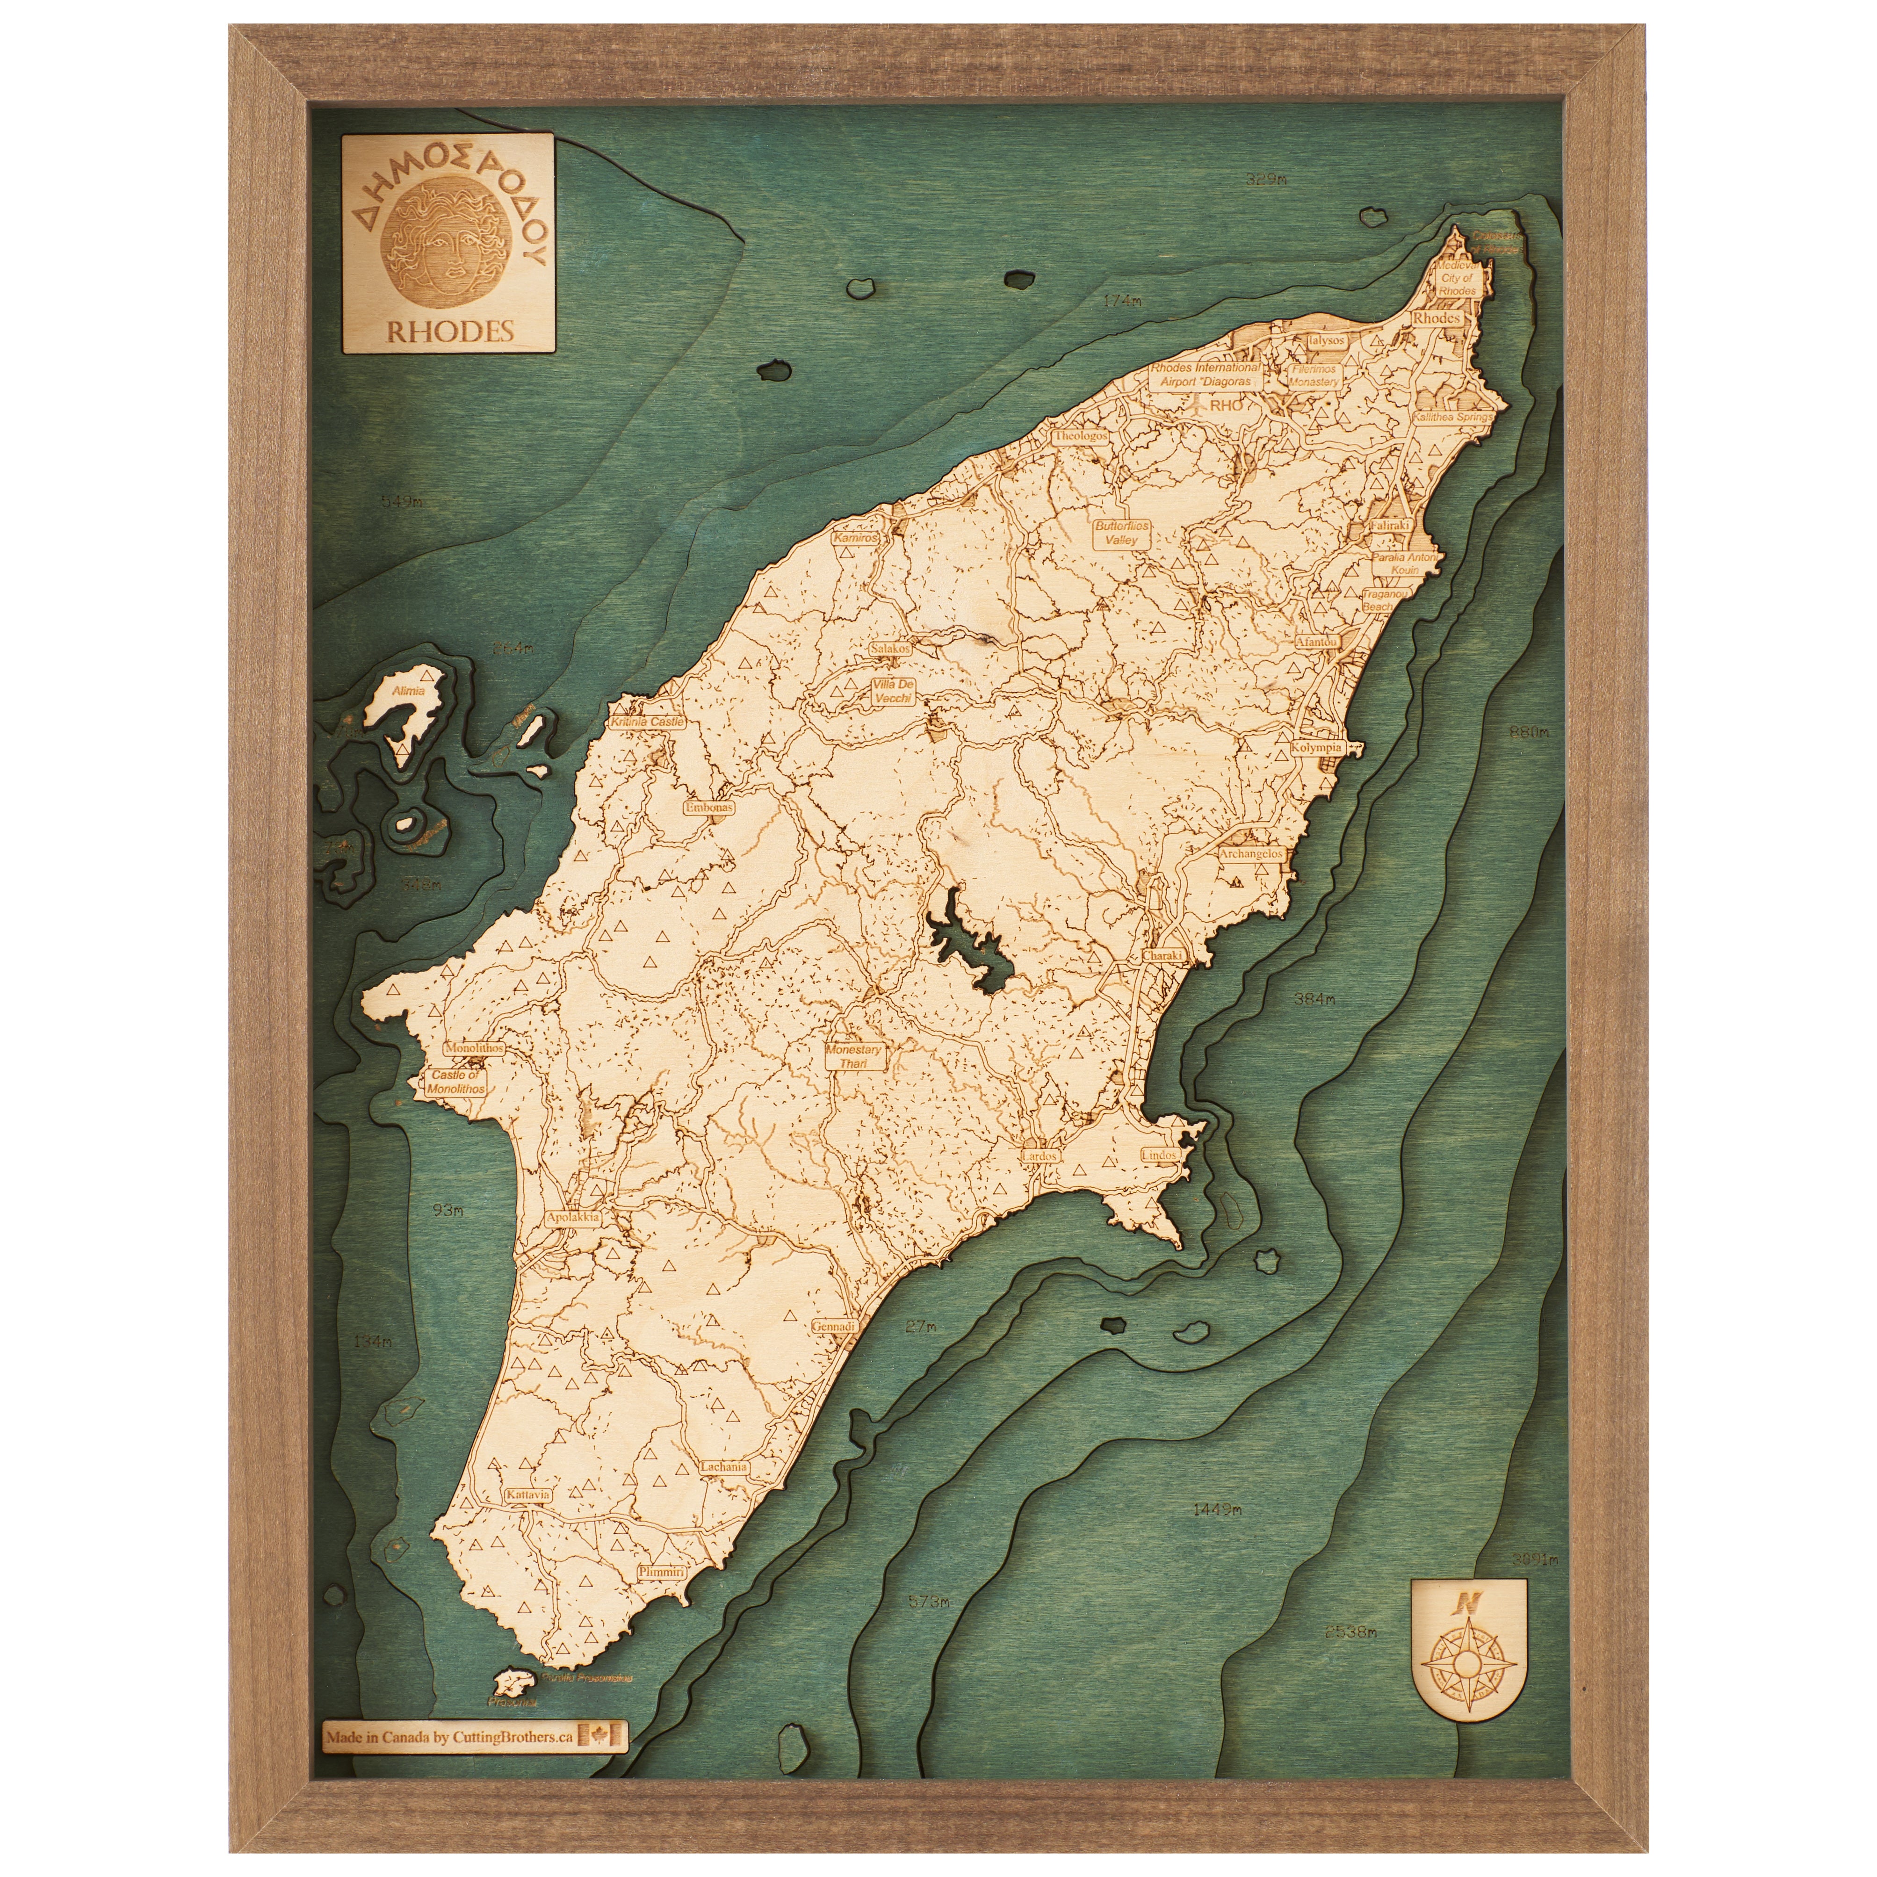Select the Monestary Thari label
click(852, 1056)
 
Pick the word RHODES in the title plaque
click(450, 330)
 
